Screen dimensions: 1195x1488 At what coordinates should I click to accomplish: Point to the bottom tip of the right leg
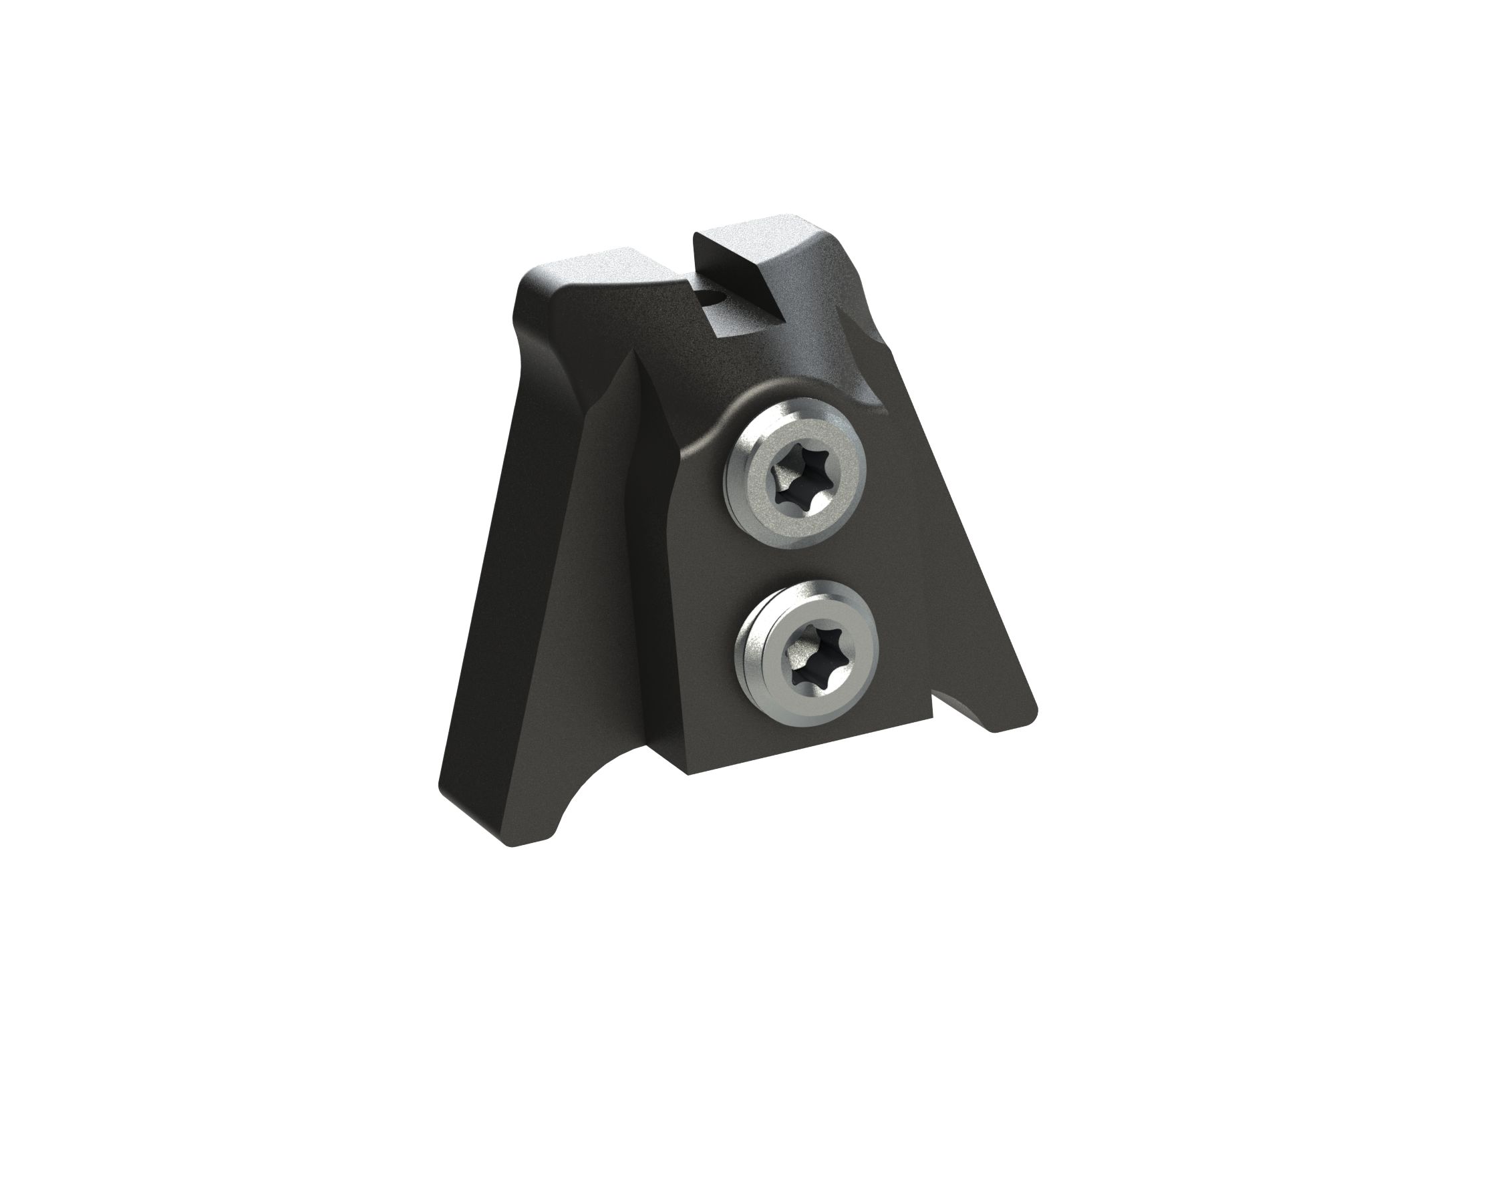(x=994, y=728)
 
